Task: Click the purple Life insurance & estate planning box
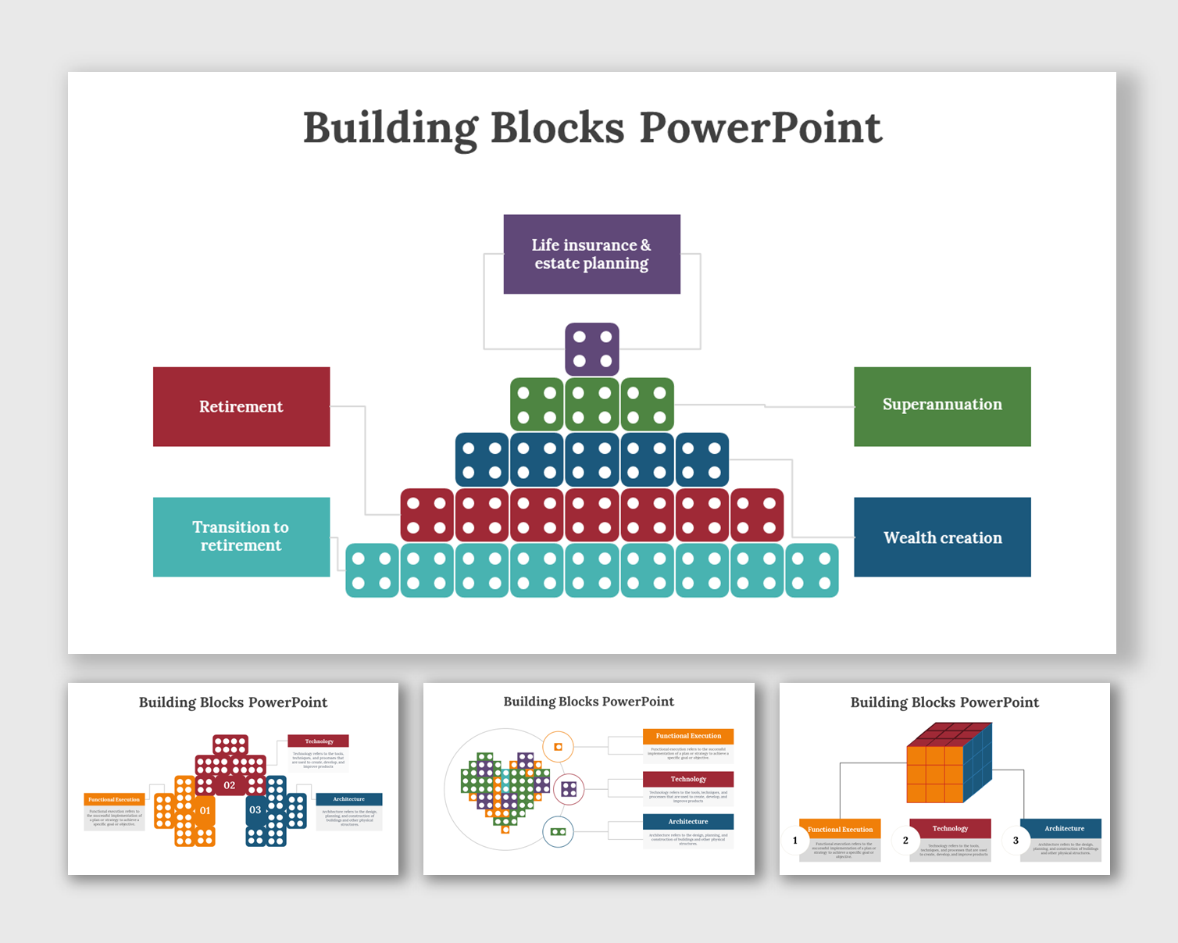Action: (x=591, y=254)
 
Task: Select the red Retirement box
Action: (x=241, y=406)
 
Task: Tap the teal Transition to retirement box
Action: (x=241, y=537)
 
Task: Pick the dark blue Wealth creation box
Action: (x=942, y=537)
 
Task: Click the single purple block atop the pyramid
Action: (x=592, y=349)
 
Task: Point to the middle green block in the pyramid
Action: (x=592, y=405)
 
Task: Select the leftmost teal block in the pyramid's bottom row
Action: (x=372, y=570)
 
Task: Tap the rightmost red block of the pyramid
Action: (x=757, y=515)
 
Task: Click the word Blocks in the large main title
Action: (x=557, y=128)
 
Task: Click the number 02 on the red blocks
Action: (x=230, y=785)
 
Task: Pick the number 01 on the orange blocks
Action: (x=205, y=810)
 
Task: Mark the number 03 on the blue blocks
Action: (x=255, y=810)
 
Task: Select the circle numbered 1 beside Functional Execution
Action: (x=795, y=841)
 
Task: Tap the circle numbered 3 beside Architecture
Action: (x=1016, y=841)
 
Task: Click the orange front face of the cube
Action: (x=934, y=774)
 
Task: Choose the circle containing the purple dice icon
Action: (x=569, y=789)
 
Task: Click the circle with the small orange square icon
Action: (x=558, y=747)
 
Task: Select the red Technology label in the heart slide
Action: (x=688, y=779)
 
